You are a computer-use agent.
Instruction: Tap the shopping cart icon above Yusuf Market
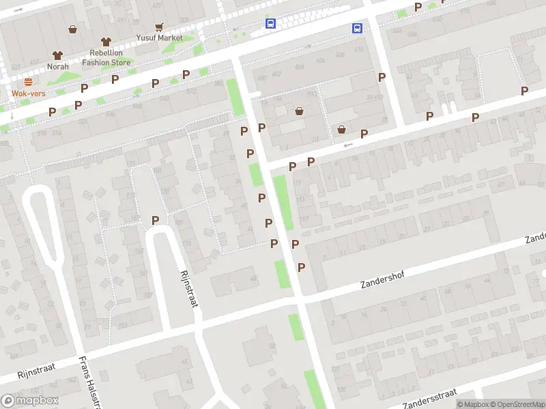tap(159, 27)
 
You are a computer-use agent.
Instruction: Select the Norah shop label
tap(58, 66)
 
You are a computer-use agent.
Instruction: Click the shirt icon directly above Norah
tap(58, 55)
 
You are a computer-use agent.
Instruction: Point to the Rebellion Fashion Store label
tap(106, 57)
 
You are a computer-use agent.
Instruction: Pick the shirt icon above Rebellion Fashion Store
tap(106, 42)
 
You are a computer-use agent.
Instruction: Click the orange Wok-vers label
tap(29, 93)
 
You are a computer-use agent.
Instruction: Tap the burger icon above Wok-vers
tap(29, 82)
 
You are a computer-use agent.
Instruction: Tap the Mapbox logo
tap(30, 401)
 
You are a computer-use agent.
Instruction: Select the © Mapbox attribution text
tap(471, 404)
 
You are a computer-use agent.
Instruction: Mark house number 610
tap(359, 49)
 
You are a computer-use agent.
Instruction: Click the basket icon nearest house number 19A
tap(299, 111)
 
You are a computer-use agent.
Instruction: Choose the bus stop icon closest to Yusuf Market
tap(271, 24)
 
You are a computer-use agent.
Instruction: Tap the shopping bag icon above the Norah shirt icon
tap(72, 29)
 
